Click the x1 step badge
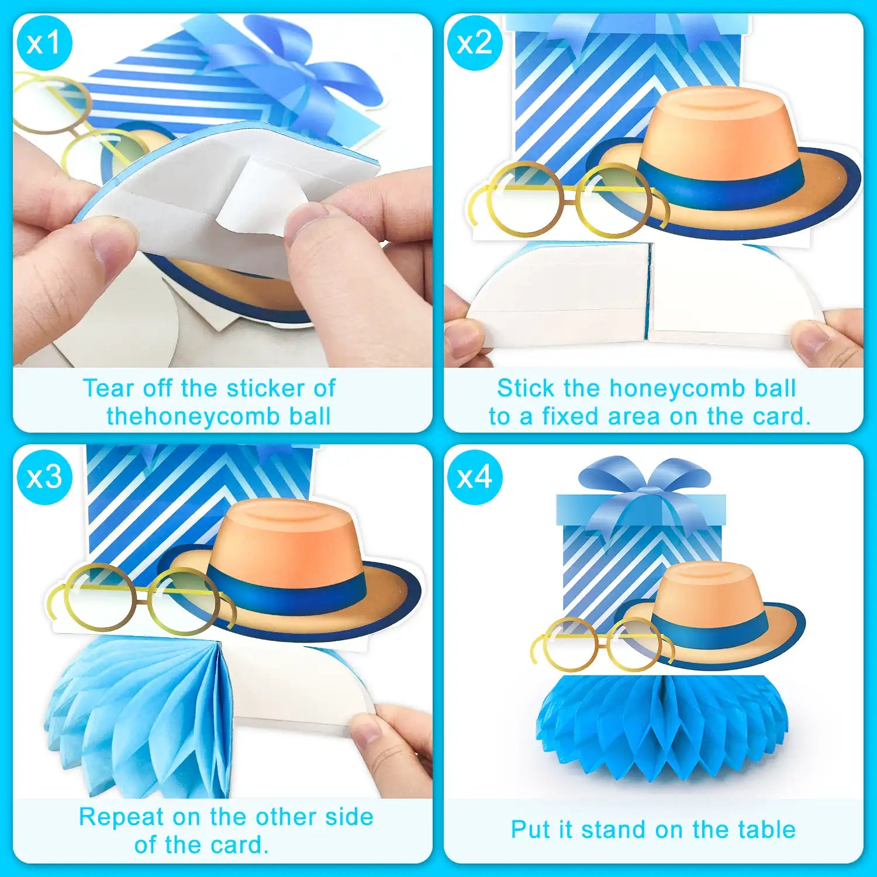[44, 43]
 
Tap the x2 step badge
[475, 43]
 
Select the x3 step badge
[44, 477]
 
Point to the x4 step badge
[475, 477]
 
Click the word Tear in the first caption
[108, 388]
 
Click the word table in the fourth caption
[766, 830]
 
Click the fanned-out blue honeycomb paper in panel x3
[140, 716]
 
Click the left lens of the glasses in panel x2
[524, 199]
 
